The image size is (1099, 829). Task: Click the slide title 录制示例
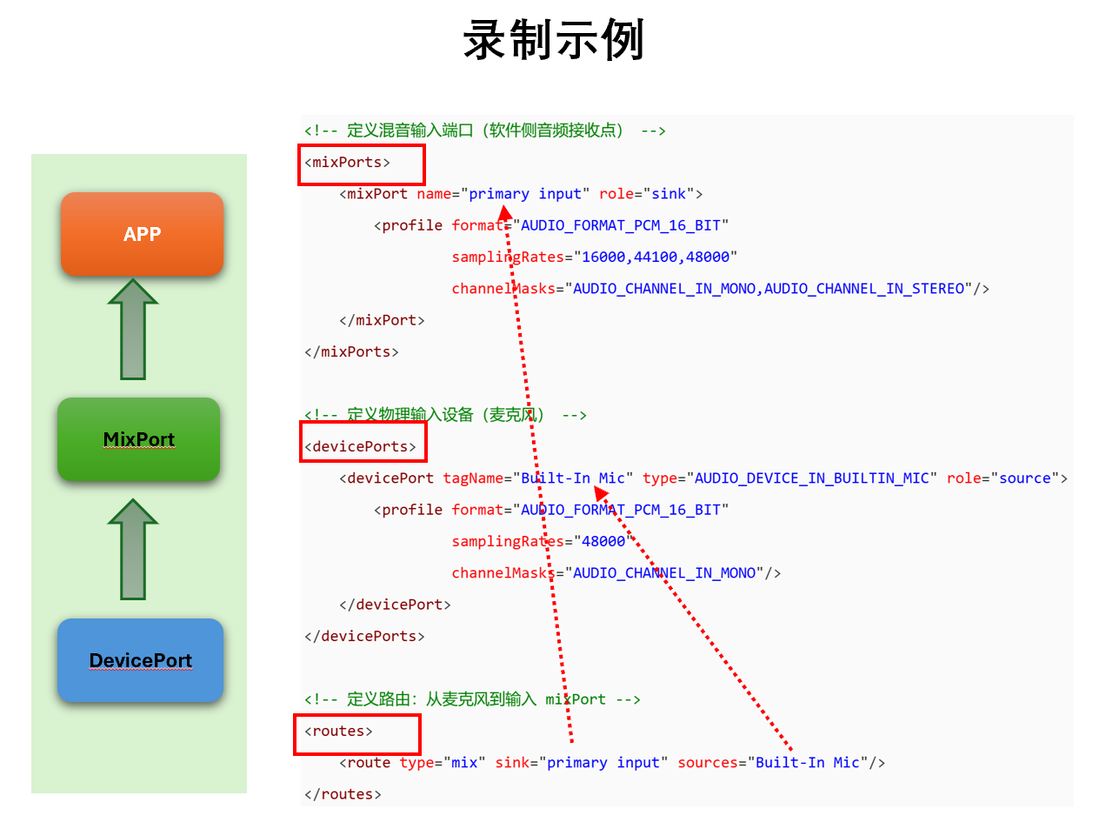click(553, 40)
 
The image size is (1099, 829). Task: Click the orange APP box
click(142, 234)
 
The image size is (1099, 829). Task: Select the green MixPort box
click(139, 439)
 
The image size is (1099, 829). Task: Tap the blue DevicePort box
click(140, 660)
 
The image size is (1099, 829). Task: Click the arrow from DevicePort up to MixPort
click(133, 550)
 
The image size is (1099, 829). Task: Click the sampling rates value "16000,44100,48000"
click(658, 257)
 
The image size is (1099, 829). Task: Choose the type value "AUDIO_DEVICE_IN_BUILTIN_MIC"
click(811, 478)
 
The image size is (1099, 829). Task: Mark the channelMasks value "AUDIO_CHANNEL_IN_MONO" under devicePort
click(663, 573)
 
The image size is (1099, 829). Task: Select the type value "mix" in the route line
click(463, 763)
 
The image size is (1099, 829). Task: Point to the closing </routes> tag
click(343, 794)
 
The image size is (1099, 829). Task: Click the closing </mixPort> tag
click(382, 321)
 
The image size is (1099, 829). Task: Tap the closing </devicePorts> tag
click(364, 637)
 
